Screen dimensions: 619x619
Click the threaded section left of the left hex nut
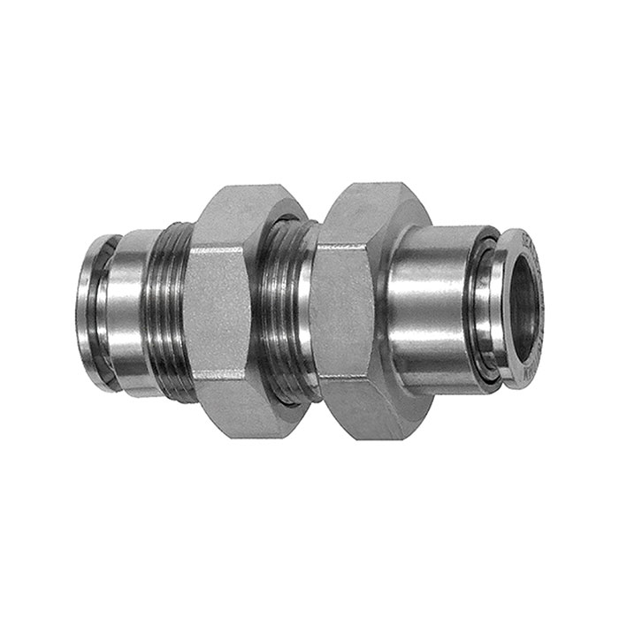(168, 309)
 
